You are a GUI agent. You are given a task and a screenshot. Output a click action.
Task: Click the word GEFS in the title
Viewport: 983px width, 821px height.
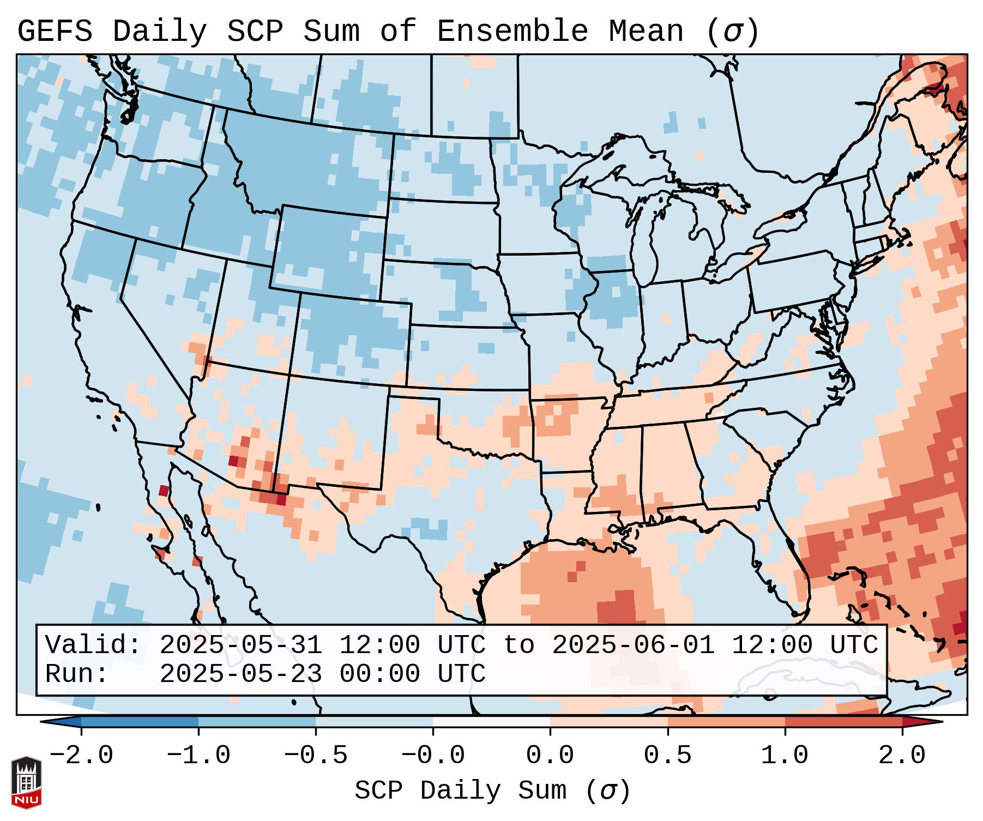click(55, 32)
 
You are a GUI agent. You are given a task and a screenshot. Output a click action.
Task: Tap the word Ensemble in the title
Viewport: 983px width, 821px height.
click(512, 32)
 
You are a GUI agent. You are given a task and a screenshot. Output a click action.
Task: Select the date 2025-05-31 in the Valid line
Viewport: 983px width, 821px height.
click(240, 645)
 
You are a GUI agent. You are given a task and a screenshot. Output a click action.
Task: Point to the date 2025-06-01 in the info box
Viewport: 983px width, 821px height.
click(633, 645)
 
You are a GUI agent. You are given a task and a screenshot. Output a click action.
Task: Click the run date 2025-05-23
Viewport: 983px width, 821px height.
click(240, 674)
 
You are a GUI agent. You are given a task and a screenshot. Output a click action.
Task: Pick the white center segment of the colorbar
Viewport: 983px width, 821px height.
click(491, 722)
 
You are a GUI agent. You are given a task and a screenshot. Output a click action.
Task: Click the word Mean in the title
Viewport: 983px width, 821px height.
click(646, 32)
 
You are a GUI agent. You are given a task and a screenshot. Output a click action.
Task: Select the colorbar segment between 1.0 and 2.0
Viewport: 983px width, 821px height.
click(843, 722)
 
